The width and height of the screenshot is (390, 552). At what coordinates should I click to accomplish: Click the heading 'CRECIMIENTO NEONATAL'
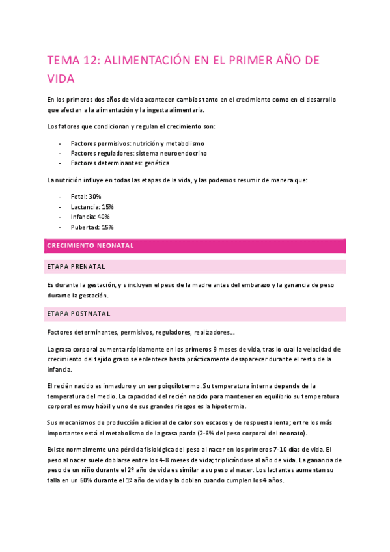[91, 246]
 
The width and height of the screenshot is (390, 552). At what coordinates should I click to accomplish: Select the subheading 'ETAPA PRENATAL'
[77, 267]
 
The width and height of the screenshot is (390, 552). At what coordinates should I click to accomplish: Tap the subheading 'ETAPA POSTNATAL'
[79, 314]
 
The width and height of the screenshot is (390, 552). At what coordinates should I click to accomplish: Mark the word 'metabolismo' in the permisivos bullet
[185, 143]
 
